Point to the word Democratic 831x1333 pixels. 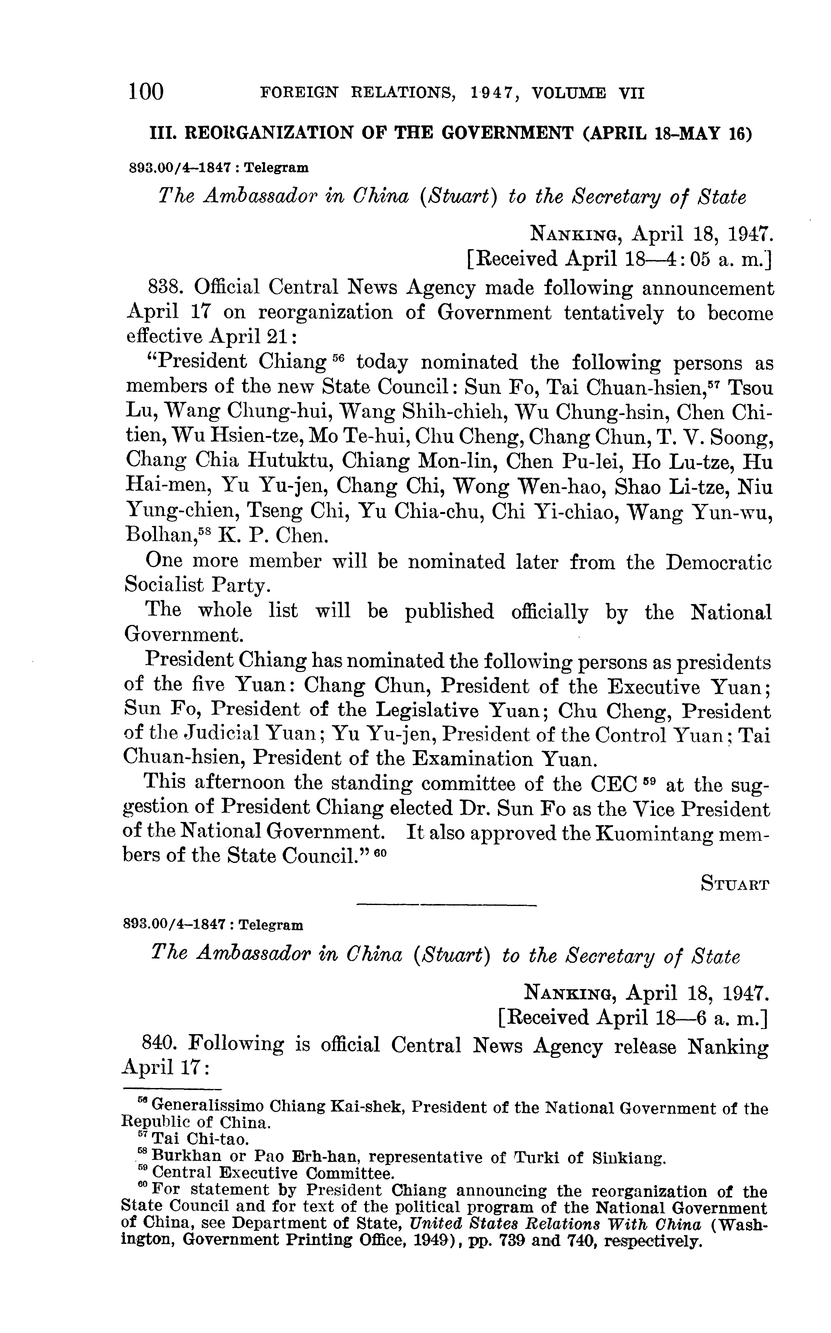719,562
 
